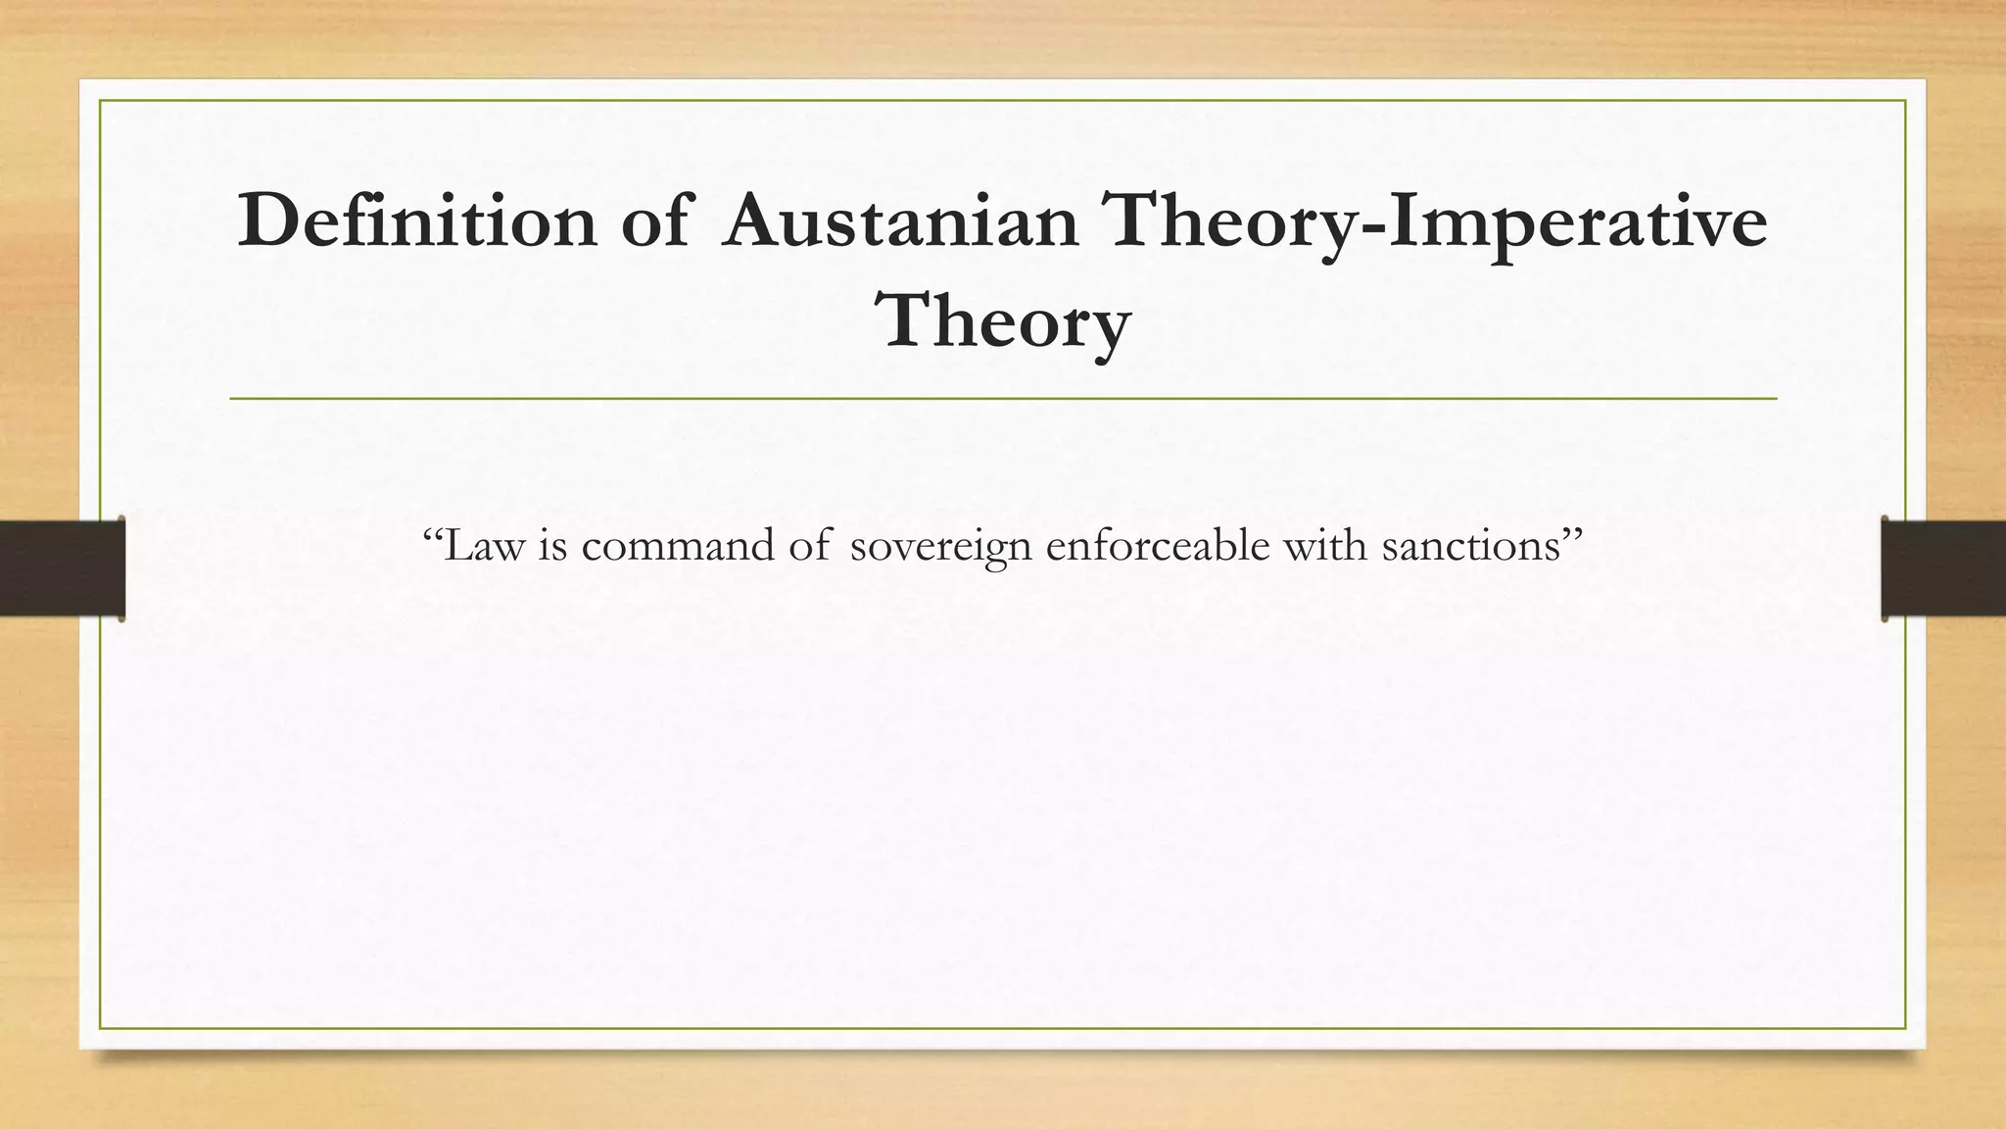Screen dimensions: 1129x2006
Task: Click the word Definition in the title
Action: click(x=416, y=221)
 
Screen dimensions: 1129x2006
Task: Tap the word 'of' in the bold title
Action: click(x=654, y=221)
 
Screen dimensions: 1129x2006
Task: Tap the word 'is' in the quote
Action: click(x=553, y=545)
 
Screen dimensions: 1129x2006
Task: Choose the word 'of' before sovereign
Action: click(x=809, y=545)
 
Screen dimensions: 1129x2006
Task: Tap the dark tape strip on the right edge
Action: click(x=1943, y=567)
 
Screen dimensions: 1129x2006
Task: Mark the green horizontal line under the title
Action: click(x=1003, y=399)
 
